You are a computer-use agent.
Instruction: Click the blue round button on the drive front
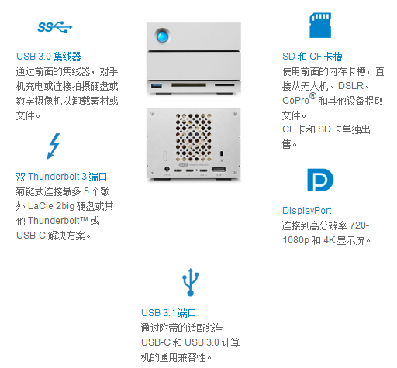(162, 35)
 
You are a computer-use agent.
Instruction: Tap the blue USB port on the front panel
(157, 85)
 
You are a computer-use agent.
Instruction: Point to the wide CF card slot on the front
(188, 84)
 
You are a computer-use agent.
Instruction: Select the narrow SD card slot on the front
(225, 84)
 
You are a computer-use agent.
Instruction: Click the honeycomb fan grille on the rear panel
(193, 137)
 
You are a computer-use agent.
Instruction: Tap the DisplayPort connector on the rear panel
(219, 170)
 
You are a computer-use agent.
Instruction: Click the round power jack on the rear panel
(167, 169)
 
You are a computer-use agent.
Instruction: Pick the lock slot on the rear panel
(222, 153)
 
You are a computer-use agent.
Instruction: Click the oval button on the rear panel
(165, 156)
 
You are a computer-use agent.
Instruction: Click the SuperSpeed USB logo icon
(55, 27)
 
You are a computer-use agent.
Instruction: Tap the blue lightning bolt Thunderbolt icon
(54, 146)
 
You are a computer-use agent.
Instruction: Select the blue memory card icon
(320, 26)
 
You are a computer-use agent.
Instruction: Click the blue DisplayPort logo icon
(320, 180)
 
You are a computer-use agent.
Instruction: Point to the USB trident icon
(191, 282)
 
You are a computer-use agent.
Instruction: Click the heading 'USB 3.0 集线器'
(49, 57)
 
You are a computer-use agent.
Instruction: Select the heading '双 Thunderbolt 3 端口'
(61, 177)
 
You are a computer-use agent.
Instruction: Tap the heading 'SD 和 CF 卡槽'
(312, 57)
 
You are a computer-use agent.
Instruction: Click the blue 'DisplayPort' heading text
(306, 211)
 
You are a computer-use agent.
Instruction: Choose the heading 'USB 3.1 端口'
(168, 313)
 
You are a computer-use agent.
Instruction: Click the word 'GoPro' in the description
(295, 101)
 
